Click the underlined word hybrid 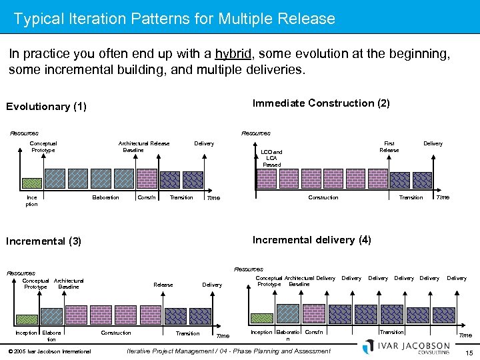tap(232, 54)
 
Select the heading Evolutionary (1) tap(46, 107)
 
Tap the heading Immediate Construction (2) tap(321, 103)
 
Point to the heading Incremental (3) tap(43, 241)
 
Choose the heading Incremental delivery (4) tap(312, 239)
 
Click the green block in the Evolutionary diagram tap(32, 183)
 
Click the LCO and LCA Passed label tap(271, 158)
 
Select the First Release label tap(389, 147)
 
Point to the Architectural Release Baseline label tap(143, 147)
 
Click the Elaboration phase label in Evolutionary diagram tap(105, 197)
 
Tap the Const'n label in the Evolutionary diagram tap(147, 197)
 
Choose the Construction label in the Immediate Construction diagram tap(323, 197)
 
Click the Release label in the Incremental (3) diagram tap(163, 285)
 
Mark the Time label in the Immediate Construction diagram tap(442, 197)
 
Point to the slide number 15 tap(469, 352)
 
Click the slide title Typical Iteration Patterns tap(174, 19)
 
